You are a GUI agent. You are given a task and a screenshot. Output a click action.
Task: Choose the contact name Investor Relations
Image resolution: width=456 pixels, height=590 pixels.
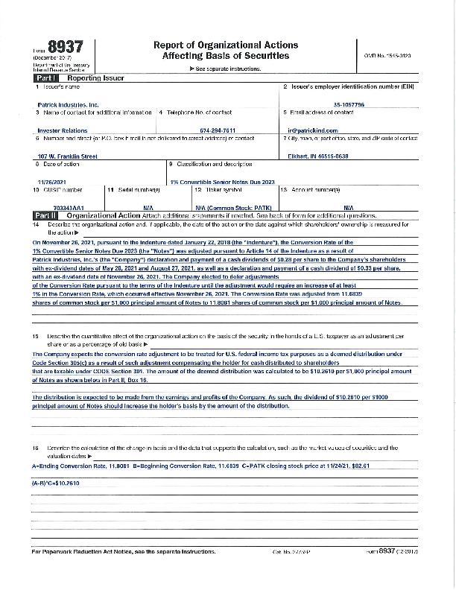tap(62, 130)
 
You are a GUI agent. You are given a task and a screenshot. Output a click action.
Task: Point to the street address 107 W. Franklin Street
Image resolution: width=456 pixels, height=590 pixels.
tap(67, 156)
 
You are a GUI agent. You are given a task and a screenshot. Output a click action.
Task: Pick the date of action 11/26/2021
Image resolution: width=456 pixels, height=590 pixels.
tap(51, 182)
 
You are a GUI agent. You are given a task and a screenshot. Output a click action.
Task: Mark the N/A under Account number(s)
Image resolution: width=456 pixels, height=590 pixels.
tap(349, 207)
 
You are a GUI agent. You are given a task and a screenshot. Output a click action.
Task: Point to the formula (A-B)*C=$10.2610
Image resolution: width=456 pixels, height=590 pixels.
tap(56, 483)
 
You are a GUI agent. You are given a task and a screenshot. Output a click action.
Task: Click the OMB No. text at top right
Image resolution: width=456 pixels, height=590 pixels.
tap(386, 57)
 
